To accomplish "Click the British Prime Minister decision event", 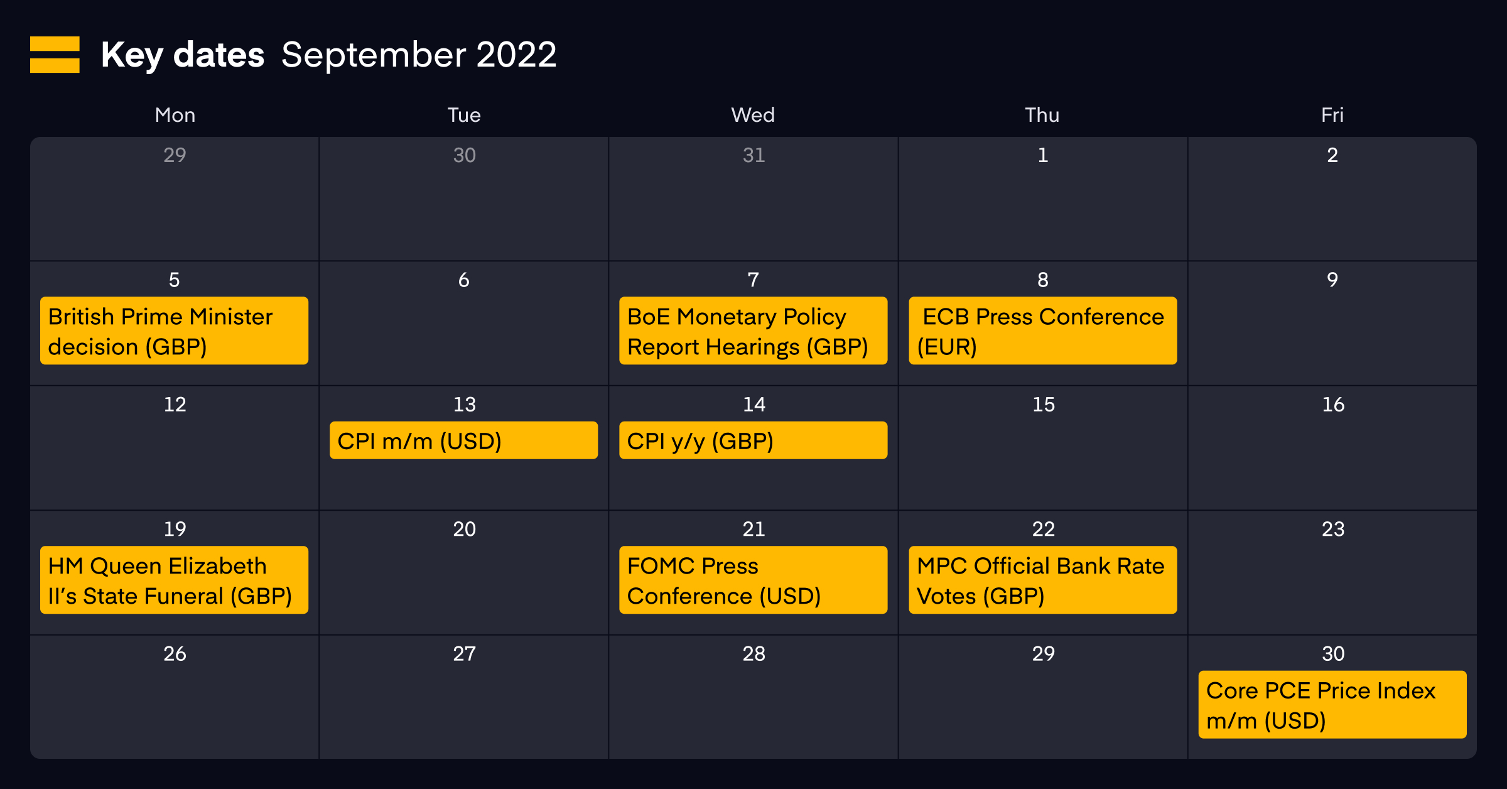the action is pos(174,330).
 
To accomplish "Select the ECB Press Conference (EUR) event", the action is pos(1042,330).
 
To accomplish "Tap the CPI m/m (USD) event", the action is pos(463,440).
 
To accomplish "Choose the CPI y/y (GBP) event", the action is pos(753,440).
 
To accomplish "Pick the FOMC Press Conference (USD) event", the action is pos(753,580).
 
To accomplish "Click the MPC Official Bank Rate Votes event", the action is pos(1042,580).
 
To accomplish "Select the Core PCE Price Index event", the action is pos(1332,704).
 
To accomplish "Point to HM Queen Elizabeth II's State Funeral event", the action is pos(174,580).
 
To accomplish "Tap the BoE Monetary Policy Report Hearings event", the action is pos(753,330).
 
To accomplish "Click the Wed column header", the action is pos(753,115).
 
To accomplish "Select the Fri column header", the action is pos(1332,115).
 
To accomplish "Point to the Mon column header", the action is pos(175,115).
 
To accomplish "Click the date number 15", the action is pos(1044,405).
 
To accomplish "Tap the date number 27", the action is pos(465,654).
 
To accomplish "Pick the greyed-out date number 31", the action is pos(754,155).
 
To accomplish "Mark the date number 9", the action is pos(1332,280).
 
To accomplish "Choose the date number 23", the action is pos(1333,529).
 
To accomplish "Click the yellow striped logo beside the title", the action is pos(55,55).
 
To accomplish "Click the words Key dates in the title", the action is pos(183,55).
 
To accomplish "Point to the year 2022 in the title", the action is pos(516,55).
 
